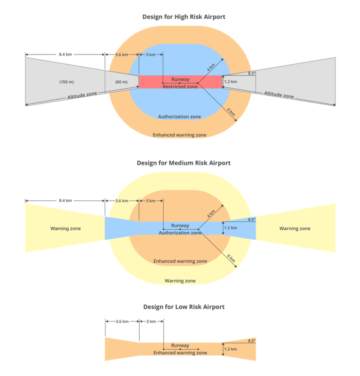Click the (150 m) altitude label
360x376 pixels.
pyautogui.click(x=66, y=82)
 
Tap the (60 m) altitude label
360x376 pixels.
pyautogui.click(x=121, y=82)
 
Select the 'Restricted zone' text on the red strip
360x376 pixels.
pyautogui.click(x=180, y=86)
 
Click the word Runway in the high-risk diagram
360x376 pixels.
pyautogui.click(x=180, y=79)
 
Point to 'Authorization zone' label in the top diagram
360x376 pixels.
pyautogui.click(x=179, y=117)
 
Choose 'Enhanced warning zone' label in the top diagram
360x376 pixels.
pyautogui.click(x=179, y=135)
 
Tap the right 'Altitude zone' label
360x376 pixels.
pyautogui.click(x=279, y=95)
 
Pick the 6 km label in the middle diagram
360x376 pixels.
pyautogui.click(x=231, y=259)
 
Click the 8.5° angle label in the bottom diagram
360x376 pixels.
pyautogui.click(x=252, y=340)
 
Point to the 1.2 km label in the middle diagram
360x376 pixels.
pyautogui.click(x=231, y=228)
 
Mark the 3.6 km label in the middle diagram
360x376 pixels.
pyautogui.click(x=121, y=201)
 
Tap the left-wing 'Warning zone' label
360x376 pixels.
pyautogui.click(x=65, y=229)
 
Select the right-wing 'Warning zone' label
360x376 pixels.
pyautogui.click(x=295, y=229)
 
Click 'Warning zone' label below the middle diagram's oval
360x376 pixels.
pyautogui.click(x=180, y=281)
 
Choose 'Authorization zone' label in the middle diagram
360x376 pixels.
pyautogui.click(x=180, y=233)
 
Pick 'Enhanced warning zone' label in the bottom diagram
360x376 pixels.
pyautogui.click(x=180, y=352)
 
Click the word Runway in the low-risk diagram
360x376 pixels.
pyautogui.click(x=180, y=345)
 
